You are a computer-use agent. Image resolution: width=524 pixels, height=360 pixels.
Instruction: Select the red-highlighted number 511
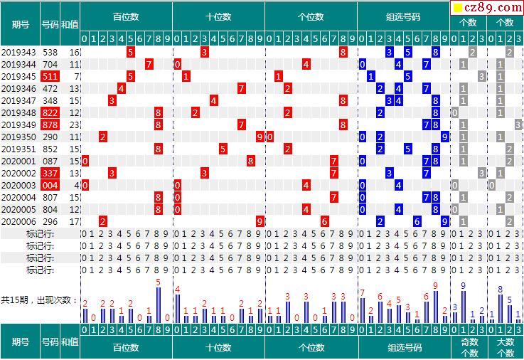50,76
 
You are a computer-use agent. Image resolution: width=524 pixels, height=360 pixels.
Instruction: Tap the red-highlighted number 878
50,125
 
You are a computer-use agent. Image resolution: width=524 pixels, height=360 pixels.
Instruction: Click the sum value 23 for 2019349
74,125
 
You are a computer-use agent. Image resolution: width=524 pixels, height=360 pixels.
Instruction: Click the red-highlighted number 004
50,185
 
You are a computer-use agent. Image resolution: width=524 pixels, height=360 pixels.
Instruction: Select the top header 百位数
126,16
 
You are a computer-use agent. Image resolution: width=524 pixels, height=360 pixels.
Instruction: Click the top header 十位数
218,16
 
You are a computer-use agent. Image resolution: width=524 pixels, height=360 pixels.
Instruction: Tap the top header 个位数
311,16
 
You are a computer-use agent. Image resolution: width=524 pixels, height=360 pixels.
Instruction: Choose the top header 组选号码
403,16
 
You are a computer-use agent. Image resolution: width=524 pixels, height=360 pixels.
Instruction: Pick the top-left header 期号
20,23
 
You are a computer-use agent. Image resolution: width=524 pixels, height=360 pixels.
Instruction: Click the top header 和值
70,23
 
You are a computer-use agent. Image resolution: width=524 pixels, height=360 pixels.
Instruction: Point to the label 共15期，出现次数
39,300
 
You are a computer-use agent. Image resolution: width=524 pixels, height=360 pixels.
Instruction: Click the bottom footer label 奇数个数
469,346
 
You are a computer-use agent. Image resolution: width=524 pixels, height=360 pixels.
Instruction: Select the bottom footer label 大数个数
505,346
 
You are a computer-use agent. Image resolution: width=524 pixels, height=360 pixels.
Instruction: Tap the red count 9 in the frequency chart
435,286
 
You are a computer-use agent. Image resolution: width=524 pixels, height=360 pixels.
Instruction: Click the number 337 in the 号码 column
50,173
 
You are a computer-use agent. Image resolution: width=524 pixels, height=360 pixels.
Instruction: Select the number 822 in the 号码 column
50,112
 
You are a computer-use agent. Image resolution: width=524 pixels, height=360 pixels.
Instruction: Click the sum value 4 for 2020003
76,185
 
